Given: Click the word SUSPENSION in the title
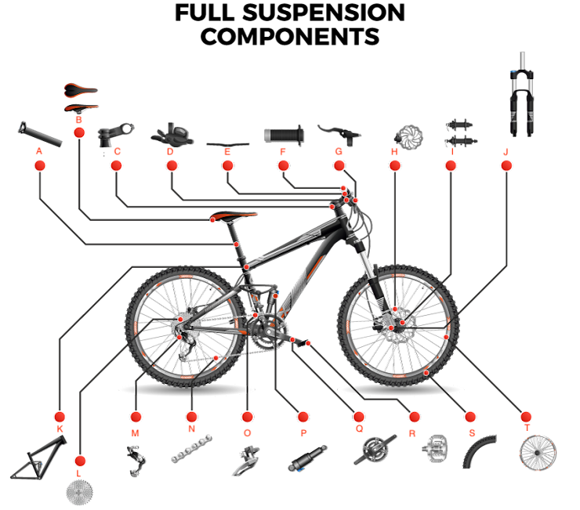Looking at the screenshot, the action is pos(323,13).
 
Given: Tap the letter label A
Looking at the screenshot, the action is pos(39,151).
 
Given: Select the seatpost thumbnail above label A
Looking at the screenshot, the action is pos(40,134).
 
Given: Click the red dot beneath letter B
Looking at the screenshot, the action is pos(79,132).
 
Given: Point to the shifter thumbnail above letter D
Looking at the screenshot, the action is pos(172,135).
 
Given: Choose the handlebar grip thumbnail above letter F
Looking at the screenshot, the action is pos(284,135).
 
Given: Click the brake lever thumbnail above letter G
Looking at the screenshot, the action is pos(339,135).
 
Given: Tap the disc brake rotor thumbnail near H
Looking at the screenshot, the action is pos(408,137).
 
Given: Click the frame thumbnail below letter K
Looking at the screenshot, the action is pos(38,458).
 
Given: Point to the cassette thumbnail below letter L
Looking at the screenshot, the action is pos(79,492).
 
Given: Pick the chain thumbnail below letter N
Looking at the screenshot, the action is pos(191,449).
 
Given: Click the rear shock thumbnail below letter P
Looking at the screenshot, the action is pos(307,458).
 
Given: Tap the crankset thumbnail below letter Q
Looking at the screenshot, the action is pos(375,450).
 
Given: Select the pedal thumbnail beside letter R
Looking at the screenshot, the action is pos(435,449).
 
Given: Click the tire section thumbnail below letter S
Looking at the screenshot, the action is pos(477,452).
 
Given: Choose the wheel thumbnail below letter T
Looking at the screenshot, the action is pos(538,453).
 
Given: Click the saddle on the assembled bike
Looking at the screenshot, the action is pos(233,215).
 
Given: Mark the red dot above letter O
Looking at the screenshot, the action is pos(247,417).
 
